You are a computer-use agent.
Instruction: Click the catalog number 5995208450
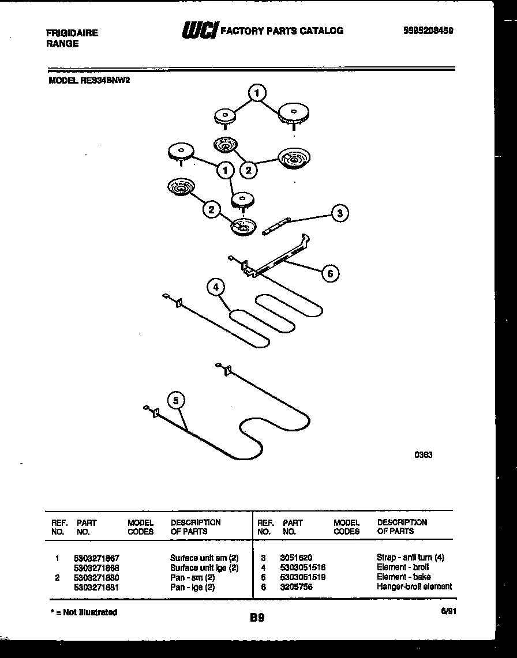427,31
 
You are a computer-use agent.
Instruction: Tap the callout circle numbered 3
340,213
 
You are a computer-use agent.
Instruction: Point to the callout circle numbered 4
216,287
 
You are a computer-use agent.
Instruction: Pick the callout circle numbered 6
330,273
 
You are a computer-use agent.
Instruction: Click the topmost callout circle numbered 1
257,92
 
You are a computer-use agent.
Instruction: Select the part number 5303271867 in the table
96,558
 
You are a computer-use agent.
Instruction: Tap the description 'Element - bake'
403,577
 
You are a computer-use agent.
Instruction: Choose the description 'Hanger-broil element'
414,586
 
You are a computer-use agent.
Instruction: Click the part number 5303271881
96,586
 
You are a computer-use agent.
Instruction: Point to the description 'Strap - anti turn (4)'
410,558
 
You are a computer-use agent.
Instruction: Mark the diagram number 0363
423,454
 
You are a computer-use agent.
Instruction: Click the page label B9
257,618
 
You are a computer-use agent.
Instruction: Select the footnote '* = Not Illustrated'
84,612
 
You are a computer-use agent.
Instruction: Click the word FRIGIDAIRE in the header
72,33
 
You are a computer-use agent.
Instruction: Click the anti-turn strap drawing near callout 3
276,226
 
